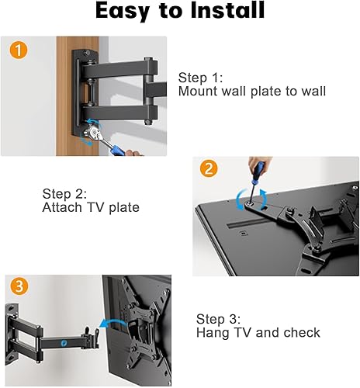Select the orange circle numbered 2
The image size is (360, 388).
(x=208, y=168)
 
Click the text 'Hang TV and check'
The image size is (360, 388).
(x=258, y=332)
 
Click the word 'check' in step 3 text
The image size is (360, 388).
(x=300, y=332)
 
